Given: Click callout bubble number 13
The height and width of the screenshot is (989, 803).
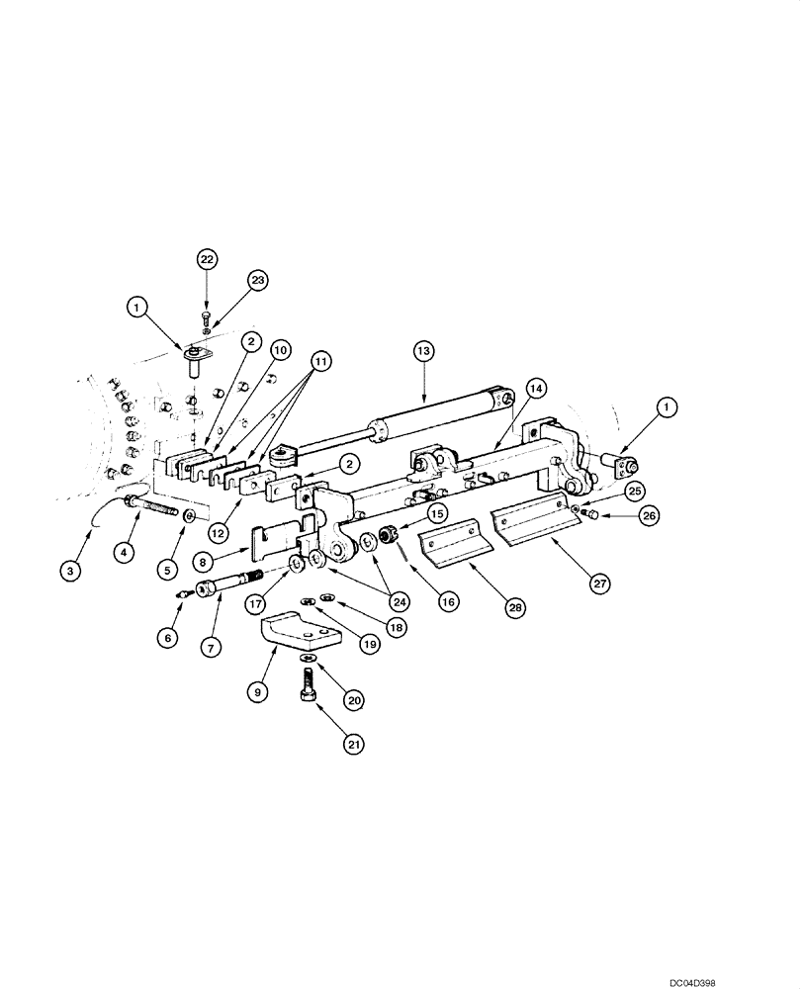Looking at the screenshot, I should click(423, 350).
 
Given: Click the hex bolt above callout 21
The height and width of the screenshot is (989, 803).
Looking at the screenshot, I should click(307, 685).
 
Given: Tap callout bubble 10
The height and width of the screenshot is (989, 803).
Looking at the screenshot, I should click(280, 350).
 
